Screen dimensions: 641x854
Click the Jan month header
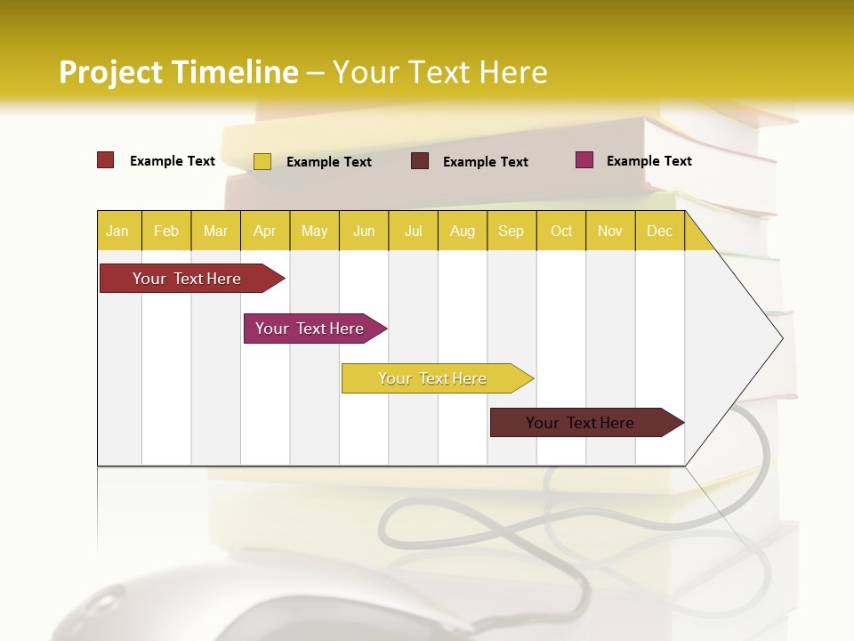pos(117,231)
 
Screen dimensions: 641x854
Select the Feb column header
pos(166,231)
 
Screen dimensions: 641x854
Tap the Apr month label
pos(264,231)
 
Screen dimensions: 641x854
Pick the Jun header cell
pos(364,231)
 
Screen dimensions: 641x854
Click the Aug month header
pos(462,231)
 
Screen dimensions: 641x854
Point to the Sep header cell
pos(511,231)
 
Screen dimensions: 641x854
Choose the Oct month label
pos(561,231)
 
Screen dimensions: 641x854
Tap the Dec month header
pos(659,231)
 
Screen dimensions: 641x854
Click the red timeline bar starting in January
pos(188,279)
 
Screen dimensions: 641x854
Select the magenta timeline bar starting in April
pos(310,329)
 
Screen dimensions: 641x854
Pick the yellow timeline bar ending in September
pos(432,378)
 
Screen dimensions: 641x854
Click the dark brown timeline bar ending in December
pos(580,423)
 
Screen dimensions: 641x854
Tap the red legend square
pos(106,160)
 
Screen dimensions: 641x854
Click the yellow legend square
pos(262,161)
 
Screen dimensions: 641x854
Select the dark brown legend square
pos(420,161)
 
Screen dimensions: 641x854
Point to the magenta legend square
pos(584,160)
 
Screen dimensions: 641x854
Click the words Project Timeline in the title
pos(179,72)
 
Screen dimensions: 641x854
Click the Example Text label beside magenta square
pos(649,161)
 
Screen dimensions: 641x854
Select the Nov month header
pos(610,231)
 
